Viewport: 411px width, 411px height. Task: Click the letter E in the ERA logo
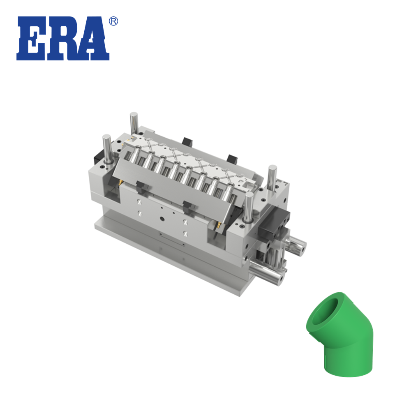point(31,39)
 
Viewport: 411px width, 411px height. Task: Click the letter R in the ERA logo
point(61,39)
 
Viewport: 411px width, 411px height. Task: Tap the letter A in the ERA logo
point(92,39)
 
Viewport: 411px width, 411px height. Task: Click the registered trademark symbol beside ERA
point(113,21)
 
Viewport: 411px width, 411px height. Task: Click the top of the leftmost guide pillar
point(106,137)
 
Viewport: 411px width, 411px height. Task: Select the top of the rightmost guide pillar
point(272,168)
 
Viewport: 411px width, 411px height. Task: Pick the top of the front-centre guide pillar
point(249,195)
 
